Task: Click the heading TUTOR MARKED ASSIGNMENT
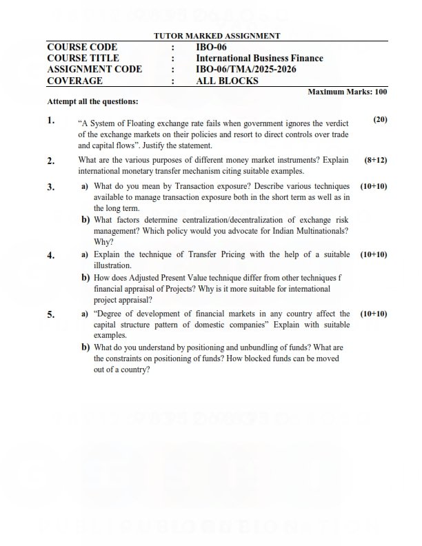[217, 36]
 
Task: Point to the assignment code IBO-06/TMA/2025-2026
[239, 69]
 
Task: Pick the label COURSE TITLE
[83, 58]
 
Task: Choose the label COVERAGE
[74, 81]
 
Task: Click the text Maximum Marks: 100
[347, 92]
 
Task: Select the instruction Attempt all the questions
[92, 101]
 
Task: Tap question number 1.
[51, 121]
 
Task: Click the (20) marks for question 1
[380, 119]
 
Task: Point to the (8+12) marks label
[376, 160]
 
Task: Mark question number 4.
[51, 255]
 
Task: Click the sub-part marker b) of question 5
[86, 347]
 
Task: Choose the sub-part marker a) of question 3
[85, 187]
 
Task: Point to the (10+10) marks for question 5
[374, 314]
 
